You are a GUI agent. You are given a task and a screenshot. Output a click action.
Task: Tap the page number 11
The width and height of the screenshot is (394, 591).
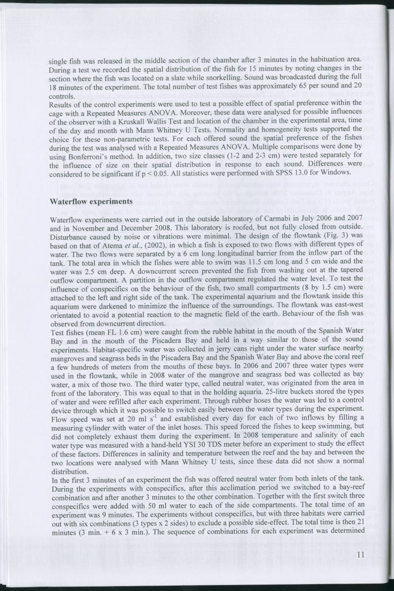359,555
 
